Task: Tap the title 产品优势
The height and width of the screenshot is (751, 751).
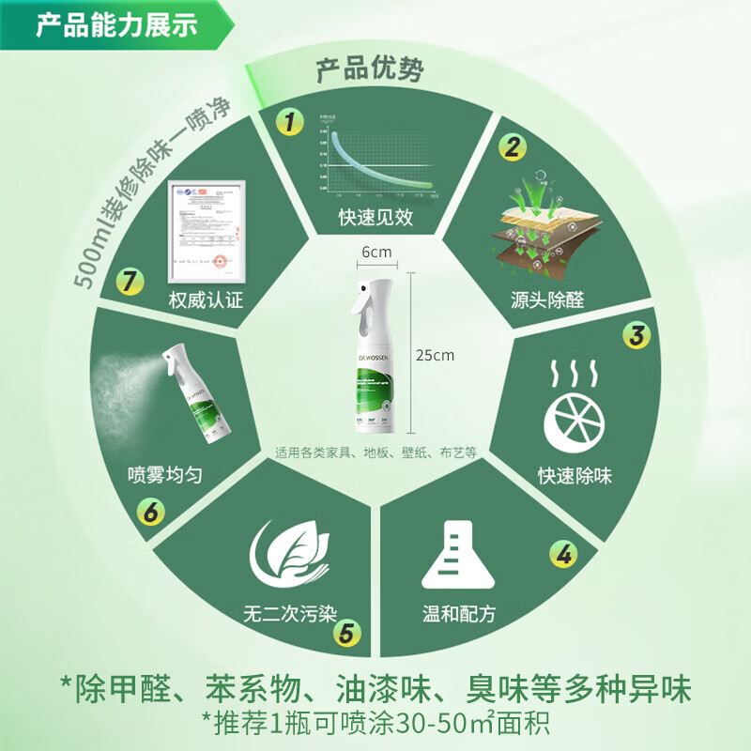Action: [x=368, y=69]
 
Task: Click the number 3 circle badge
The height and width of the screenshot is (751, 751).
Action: [x=636, y=335]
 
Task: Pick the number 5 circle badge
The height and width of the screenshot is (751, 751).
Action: [x=346, y=633]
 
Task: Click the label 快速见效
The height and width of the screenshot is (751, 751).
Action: [x=375, y=218]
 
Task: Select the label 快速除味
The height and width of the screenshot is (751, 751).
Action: [x=575, y=476]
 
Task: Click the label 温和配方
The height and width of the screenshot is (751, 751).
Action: [x=458, y=616]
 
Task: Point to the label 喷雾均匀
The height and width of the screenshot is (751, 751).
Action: [x=165, y=475]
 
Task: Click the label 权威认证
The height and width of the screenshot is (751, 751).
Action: [x=206, y=301]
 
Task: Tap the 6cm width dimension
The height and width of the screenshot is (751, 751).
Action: [x=375, y=252]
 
